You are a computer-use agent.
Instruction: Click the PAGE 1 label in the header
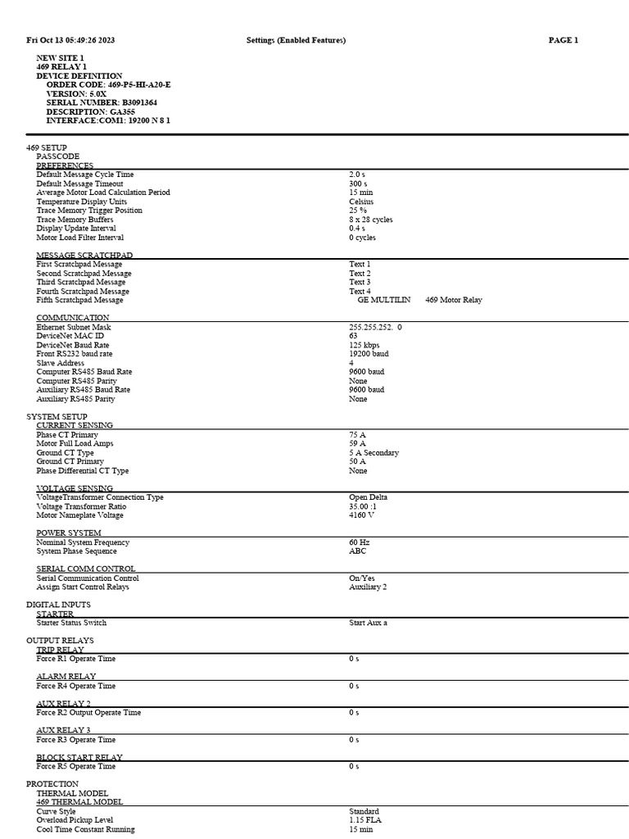coord(563,40)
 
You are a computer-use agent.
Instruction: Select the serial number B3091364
coord(146,102)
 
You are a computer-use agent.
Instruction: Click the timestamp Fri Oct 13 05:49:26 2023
coord(70,40)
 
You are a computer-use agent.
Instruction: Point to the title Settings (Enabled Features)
coord(296,40)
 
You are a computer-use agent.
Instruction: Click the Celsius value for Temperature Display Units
coord(361,202)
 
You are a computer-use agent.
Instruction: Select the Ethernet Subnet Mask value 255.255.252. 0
coord(375,327)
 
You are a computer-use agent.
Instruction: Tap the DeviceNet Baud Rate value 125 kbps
coord(364,345)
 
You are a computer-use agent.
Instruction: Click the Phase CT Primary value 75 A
coord(357,434)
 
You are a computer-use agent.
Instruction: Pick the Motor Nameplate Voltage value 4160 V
coord(361,515)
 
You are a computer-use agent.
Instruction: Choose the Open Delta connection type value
coord(368,497)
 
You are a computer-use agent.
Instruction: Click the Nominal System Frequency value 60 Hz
coord(360,542)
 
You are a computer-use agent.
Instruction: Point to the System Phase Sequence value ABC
coord(357,551)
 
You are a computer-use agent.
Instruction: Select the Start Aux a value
coord(368,623)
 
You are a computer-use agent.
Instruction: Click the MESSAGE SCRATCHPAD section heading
coord(84,256)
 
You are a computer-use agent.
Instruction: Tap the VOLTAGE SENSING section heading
coord(75,488)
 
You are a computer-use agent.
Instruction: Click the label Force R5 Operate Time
coord(76,767)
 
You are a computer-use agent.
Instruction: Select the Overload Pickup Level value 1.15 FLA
coord(365,820)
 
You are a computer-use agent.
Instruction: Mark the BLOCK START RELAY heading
coord(79,758)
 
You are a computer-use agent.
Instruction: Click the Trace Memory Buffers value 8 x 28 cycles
coord(370,220)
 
